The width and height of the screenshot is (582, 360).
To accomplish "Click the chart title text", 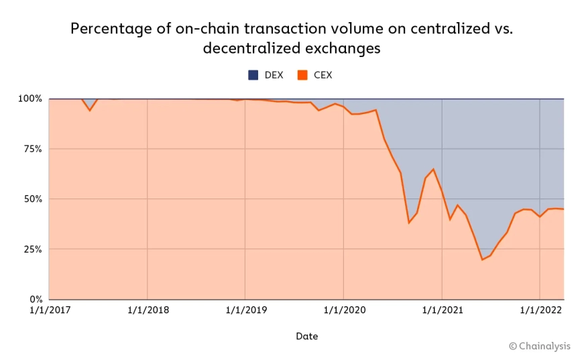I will point(291,38).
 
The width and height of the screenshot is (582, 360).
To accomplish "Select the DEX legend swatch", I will point(253,75).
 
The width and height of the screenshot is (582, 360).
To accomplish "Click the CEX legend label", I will point(323,75).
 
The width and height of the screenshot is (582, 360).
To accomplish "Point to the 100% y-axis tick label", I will point(30,99).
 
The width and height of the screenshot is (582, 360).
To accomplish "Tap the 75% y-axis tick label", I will point(32,149).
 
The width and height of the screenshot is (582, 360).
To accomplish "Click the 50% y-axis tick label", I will point(32,199).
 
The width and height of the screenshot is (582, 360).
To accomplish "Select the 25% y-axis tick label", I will point(32,249).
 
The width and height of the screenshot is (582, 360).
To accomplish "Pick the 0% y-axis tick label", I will point(35,300).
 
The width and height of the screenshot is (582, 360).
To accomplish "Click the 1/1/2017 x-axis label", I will point(50,310).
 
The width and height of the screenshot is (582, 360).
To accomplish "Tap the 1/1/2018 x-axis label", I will point(148,310).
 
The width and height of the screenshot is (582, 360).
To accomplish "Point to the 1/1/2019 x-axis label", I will point(245,310).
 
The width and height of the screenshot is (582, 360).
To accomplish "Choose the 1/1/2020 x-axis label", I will point(343,310).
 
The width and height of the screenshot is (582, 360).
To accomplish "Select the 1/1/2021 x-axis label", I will point(442,310).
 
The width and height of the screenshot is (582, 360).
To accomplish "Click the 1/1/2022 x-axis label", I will point(540,310).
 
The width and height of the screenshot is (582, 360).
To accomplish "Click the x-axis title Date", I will point(306,336).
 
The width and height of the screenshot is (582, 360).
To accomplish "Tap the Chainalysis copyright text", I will point(539,346).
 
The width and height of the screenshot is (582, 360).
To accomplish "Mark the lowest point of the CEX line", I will point(482,259).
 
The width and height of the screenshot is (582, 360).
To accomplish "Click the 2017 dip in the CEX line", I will point(89,110).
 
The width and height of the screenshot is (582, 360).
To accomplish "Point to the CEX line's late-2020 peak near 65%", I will point(433,169).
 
